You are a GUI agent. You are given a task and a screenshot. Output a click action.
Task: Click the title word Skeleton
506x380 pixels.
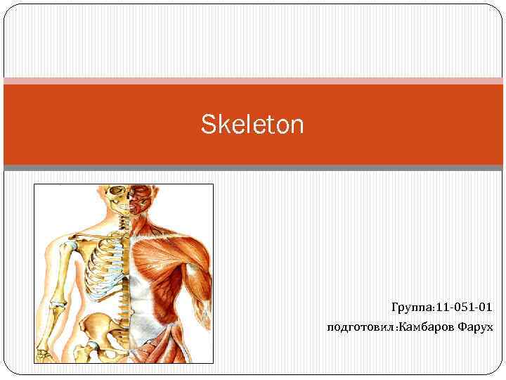click(252, 125)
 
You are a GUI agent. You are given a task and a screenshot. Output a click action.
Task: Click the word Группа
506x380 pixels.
click(413, 308)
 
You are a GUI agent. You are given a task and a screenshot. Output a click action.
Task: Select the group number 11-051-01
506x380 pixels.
click(465, 308)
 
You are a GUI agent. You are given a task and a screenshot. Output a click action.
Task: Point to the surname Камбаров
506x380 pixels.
click(426, 327)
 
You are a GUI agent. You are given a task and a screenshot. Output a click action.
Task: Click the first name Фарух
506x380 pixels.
click(475, 327)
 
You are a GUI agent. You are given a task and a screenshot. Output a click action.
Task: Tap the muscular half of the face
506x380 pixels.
click(141, 197)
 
